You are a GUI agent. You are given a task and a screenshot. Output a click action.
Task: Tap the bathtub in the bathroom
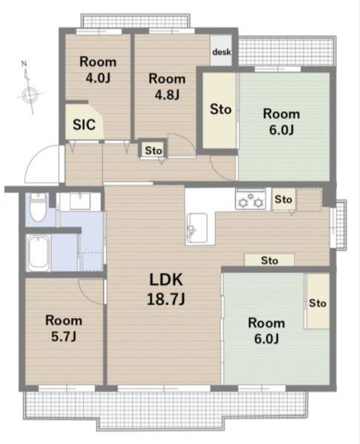[x=38, y=252]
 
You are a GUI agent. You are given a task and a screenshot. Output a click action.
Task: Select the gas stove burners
[x=250, y=200]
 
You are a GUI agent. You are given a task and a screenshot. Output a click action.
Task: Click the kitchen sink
[x=197, y=227]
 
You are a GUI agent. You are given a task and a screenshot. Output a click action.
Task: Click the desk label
[x=221, y=52]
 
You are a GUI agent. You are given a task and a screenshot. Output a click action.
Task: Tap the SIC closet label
[x=84, y=124]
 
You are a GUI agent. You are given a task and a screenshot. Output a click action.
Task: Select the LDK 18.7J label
[x=166, y=289]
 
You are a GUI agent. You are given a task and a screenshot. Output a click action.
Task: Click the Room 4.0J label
[x=98, y=70]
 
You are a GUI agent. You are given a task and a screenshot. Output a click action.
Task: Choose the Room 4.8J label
[x=167, y=87]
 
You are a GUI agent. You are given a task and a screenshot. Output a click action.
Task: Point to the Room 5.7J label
[x=64, y=328]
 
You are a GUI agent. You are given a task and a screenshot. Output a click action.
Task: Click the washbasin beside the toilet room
[x=80, y=201]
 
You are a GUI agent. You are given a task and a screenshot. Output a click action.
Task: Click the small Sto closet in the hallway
[x=153, y=150]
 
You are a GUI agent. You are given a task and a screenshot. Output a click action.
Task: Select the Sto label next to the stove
[x=283, y=199]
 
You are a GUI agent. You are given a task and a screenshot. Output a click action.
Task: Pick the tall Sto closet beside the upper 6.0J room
[x=220, y=110]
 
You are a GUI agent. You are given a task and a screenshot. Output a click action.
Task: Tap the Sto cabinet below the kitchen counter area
[x=270, y=260]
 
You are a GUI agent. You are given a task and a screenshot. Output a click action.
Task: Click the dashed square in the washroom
[x=92, y=261]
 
